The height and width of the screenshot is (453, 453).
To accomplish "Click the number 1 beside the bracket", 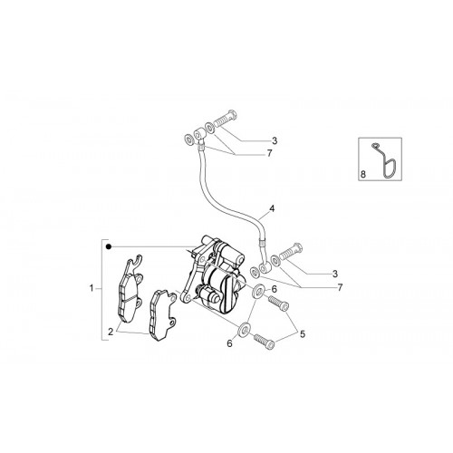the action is (x=92, y=288).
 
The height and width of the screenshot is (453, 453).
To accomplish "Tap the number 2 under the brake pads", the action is (x=111, y=332).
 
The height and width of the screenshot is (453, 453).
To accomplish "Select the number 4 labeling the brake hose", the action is (x=272, y=208).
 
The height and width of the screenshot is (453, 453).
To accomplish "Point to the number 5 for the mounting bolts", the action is (x=303, y=334).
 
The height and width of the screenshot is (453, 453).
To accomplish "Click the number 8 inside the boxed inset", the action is (x=363, y=174).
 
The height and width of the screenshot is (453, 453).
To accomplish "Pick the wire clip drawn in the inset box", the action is (x=383, y=159).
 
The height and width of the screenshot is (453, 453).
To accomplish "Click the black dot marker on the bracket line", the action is (x=109, y=247).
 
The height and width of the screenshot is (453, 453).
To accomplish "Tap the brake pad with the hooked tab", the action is (x=130, y=289).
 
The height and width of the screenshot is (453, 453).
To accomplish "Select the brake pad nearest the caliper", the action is (x=162, y=315).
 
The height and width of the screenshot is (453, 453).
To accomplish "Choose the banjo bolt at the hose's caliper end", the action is (x=291, y=252).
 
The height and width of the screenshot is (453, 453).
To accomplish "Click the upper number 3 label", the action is (x=275, y=140).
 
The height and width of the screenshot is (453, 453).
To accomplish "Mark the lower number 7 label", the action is (x=340, y=287).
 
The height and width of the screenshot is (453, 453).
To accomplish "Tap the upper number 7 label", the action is (x=269, y=153).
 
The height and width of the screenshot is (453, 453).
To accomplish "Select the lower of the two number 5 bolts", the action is (x=265, y=342).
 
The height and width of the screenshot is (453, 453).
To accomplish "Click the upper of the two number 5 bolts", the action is (x=279, y=303).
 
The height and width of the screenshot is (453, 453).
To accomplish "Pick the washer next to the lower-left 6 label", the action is (x=244, y=330).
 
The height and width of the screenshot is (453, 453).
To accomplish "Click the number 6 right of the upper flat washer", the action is (x=274, y=289).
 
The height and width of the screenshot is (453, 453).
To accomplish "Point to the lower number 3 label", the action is (x=334, y=275).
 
